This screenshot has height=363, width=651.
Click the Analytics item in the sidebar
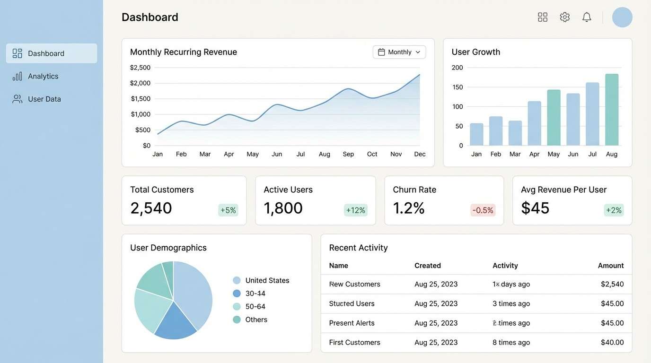point(43,76)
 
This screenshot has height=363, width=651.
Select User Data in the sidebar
point(44,99)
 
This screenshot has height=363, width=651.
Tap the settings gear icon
point(564,17)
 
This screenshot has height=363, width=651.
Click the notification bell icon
point(587,17)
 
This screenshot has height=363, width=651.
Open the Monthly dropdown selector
point(399,52)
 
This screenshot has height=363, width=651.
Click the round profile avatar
point(622,17)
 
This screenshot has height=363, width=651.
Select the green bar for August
point(612,110)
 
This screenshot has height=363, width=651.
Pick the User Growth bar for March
point(515,133)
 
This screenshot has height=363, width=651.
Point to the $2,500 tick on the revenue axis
point(140,68)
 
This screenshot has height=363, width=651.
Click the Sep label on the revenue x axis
point(348,154)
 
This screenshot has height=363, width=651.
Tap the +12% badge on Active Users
point(355,210)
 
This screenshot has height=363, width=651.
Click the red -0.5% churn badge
point(483,210)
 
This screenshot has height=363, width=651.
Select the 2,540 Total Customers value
point(151,208)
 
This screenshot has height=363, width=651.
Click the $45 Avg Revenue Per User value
point(535,208)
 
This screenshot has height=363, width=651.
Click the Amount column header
point(610,266)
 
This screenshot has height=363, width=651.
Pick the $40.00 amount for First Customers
point(612,342)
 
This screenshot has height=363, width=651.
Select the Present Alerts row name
point(352,323)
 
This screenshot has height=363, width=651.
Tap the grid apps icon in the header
point(543,17)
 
